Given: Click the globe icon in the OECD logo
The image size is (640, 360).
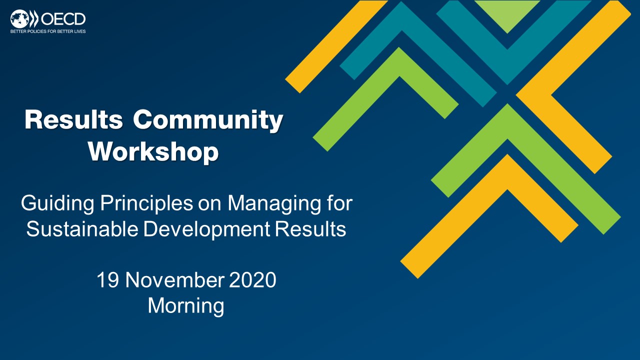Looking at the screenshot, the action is [x=19, y=19].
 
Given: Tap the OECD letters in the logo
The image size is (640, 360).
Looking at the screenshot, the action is [x=63, y=19].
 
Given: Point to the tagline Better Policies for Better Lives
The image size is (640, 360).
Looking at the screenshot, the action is [x=48, y=31].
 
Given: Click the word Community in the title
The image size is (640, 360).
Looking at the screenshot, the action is [x=208, y=120].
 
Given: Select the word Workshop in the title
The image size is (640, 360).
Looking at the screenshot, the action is [x=153, y=151].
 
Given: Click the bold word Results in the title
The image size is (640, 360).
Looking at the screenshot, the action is [x=73, y=119].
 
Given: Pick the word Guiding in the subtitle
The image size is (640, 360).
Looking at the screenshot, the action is [x=57, y=204].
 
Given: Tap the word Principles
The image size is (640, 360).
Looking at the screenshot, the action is [x=146, y=204].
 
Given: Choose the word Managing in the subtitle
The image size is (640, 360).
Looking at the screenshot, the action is [x=274, y=204].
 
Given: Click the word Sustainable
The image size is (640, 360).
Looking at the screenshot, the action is [x=82, y=229].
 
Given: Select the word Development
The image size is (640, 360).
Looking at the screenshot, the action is [x=206, y=229].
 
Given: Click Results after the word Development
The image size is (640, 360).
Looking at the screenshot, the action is [x=310, y=229].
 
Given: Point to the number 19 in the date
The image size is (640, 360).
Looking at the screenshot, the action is [x=107, y=279].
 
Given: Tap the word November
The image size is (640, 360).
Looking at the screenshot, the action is [x=174, y=279].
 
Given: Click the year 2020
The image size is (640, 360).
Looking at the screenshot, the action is [x=252, y=279].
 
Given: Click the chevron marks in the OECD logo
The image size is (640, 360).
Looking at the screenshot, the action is [x=34, y=19].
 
